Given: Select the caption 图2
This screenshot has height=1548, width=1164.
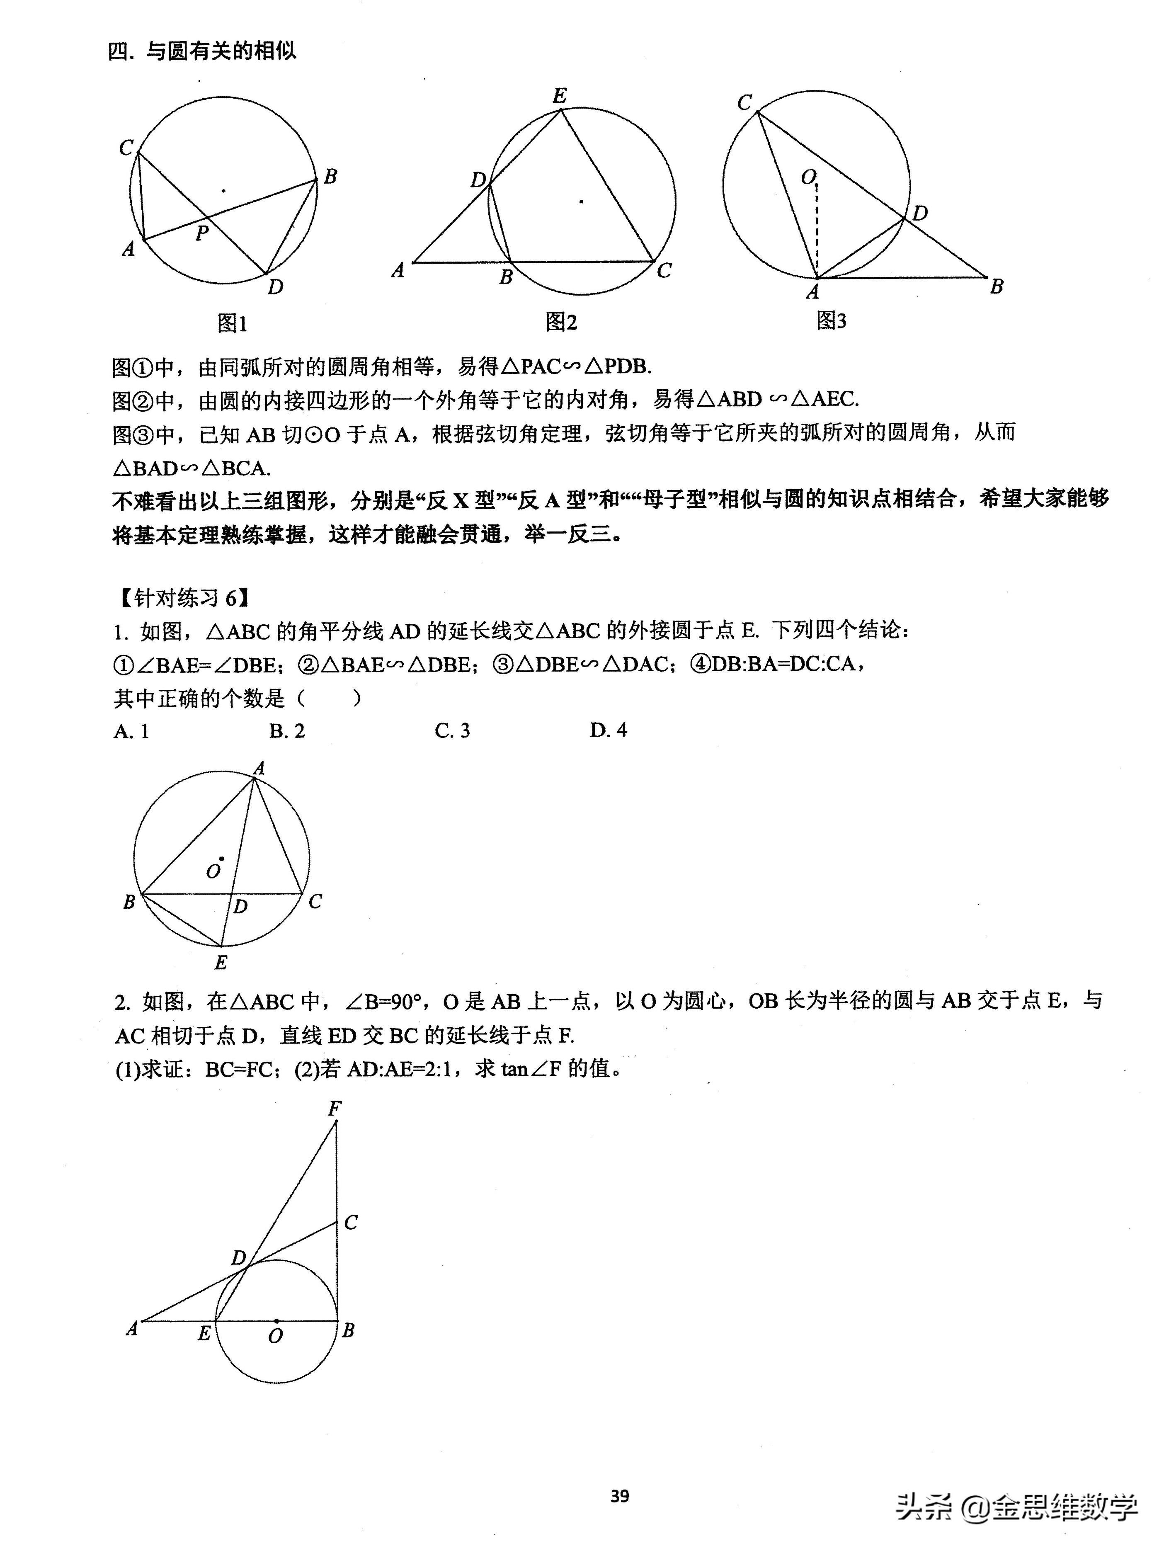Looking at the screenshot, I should [561, 322].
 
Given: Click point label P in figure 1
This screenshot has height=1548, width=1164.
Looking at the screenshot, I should [202, 233].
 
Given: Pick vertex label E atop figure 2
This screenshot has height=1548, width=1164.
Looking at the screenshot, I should [559, 96].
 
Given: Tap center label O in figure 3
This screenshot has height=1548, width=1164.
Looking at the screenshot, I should [808, 178].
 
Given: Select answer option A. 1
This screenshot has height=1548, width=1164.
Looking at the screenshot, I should [131, 731].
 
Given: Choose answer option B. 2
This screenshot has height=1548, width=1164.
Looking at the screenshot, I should [287, 731].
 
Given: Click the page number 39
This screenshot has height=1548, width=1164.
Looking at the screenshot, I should [619, 1496].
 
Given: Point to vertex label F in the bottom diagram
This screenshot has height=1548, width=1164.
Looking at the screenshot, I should [335, 1109].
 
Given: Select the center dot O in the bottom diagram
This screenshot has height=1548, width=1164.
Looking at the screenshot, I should [276, 1321].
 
